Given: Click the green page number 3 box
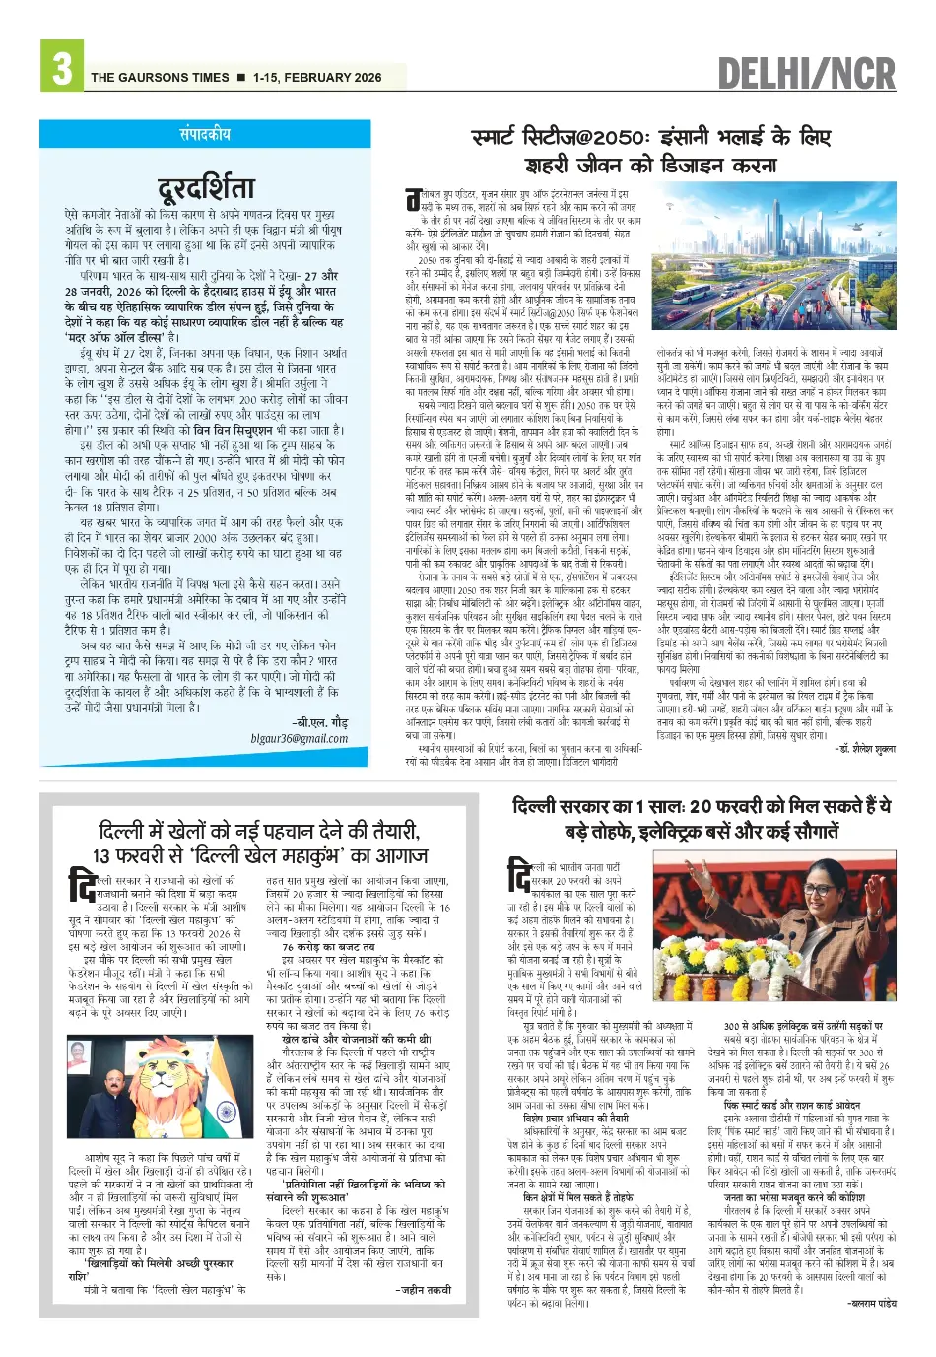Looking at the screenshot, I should tap(61, 66).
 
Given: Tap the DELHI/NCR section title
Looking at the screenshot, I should tap(806, 74).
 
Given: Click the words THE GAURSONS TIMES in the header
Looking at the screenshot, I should tap(160, 77).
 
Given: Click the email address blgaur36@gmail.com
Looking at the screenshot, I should tap(300, 738).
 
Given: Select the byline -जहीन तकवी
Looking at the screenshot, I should tap(425, 1289).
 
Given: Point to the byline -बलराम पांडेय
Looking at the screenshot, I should tap(871, 1303).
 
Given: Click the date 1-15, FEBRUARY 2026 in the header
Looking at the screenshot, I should tap(317, 77).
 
